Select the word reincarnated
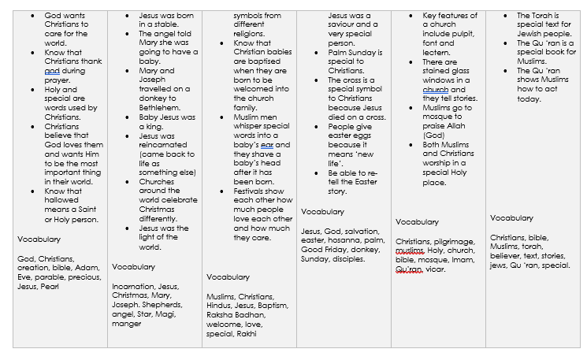click(163, 145)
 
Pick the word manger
click(127, 323)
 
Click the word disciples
click(348, 258)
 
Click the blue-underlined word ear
click(266, 145)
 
